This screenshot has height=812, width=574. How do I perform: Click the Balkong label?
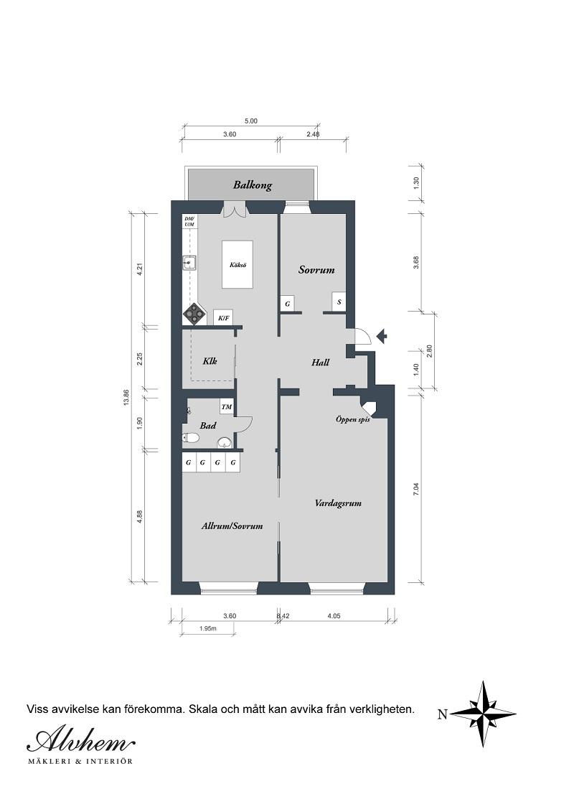click(252, 185)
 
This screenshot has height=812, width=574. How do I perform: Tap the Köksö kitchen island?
click(237, 265)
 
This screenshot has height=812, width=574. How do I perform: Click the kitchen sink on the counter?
click(189, 263)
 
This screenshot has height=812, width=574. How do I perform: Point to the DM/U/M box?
click(189, 222)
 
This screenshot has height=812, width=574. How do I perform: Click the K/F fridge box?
click(222, 317)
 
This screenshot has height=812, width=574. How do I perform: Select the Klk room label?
click(210, 361)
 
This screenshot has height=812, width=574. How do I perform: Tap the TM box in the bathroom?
click(227, 408)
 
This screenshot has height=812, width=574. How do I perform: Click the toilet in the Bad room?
click(192, 437)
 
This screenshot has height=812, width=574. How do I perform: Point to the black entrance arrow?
click(382, 335)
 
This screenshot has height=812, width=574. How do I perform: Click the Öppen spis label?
click(352, 419)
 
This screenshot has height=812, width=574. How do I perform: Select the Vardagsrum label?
click(338, 503)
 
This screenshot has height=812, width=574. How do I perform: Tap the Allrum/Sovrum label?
click(232, 526)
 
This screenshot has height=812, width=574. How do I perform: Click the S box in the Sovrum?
click(339, 302)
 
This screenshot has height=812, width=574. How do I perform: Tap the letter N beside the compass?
click(442, 714)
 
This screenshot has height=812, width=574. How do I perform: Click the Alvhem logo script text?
click(80, 740)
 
